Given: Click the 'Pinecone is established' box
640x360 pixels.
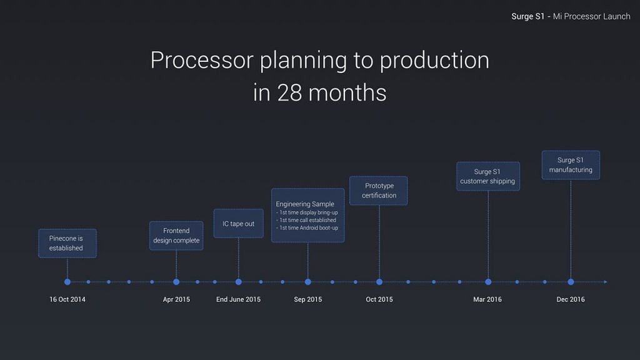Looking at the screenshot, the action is (67, 243).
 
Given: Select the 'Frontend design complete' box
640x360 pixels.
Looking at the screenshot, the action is (176, 236).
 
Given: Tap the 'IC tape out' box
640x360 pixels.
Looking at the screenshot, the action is (238, 223).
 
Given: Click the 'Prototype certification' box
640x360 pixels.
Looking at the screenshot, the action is (378, 191).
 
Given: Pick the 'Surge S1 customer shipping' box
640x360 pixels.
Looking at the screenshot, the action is (488, 176).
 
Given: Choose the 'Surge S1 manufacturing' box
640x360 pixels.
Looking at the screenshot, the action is (571, 165).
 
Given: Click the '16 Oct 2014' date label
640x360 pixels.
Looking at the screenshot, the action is (67, 299).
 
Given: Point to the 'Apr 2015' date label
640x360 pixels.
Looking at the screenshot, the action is (176, 299).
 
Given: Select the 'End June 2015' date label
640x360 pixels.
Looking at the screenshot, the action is (238, 299).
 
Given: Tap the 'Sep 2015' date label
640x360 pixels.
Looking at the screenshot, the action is (307, 299).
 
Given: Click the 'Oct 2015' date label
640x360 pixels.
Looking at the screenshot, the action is (379, 299).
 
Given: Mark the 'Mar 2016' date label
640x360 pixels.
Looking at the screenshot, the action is (487, 299).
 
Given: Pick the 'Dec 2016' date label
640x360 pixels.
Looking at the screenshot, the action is (571, 299).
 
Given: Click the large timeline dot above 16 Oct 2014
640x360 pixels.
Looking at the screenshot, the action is (67, 282).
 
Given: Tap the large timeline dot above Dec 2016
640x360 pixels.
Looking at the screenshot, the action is (571, 282).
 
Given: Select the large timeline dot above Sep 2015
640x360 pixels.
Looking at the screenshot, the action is (307, 282).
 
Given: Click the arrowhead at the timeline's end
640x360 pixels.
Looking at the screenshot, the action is (606, 282).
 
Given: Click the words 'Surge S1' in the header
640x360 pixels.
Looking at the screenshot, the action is (527, 16).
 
